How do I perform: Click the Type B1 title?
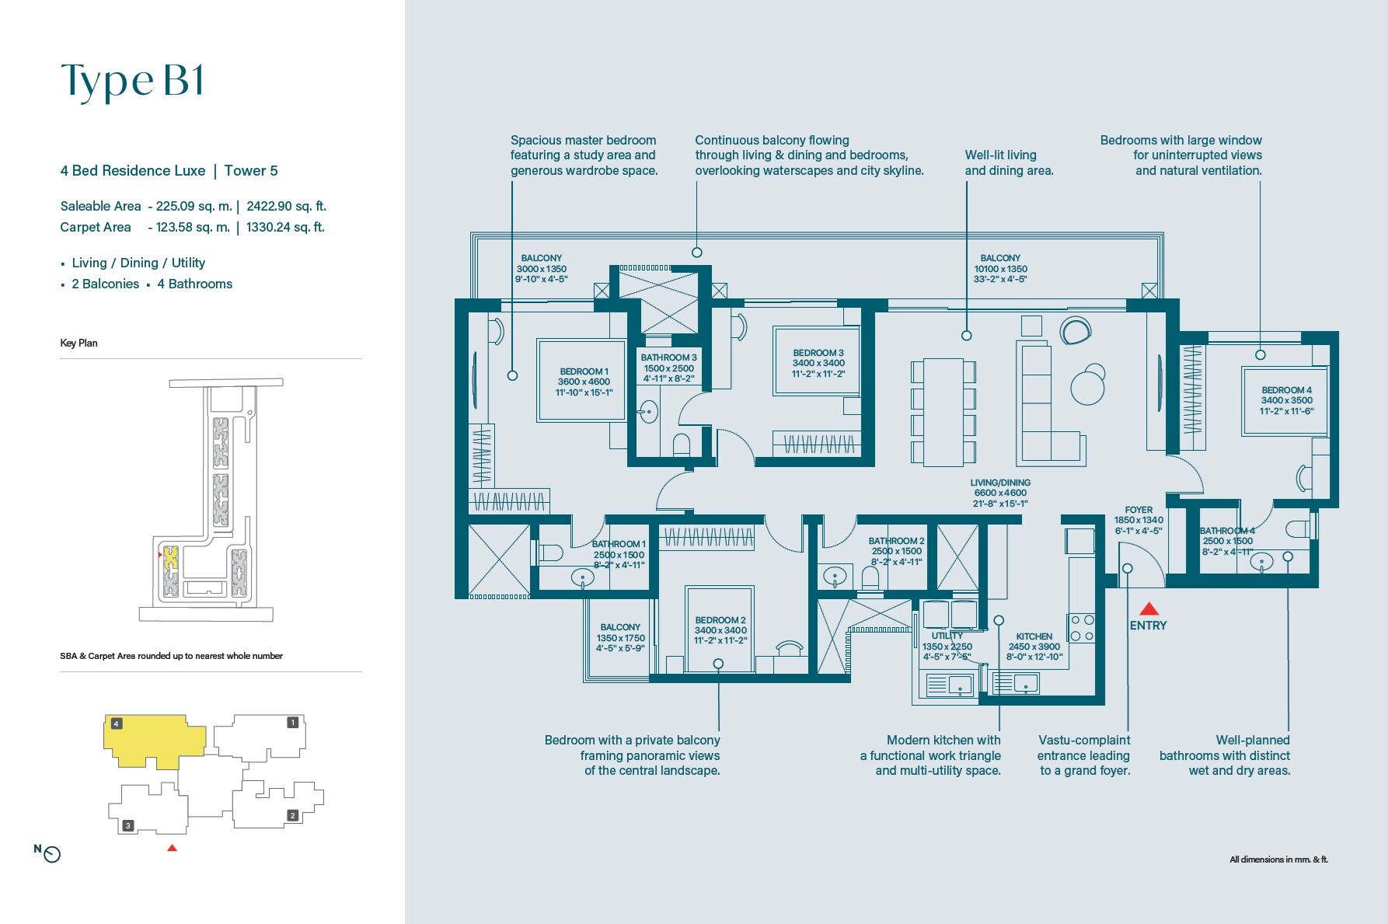[133, 81]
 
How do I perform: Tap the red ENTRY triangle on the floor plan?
[1149, 608]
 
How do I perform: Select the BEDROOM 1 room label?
[584, 382]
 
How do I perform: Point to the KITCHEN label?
[1034, 646]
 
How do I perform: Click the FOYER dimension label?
[1139, 520]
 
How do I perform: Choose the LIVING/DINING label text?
[1000, 493]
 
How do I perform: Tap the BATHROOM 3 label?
[668, 368]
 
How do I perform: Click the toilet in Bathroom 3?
[682, 445]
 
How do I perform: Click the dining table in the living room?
[943, 412]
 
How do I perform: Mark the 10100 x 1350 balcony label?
[1000, 268]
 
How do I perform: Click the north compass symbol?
[51, 854]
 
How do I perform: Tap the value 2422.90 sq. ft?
[286, 206]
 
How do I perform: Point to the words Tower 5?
[251, 170]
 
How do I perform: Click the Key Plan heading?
[78, 343]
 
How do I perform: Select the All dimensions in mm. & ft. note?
[1278, 859]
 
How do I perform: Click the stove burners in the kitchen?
[1082, 628]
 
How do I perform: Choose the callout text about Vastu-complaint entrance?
[1083, 755]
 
